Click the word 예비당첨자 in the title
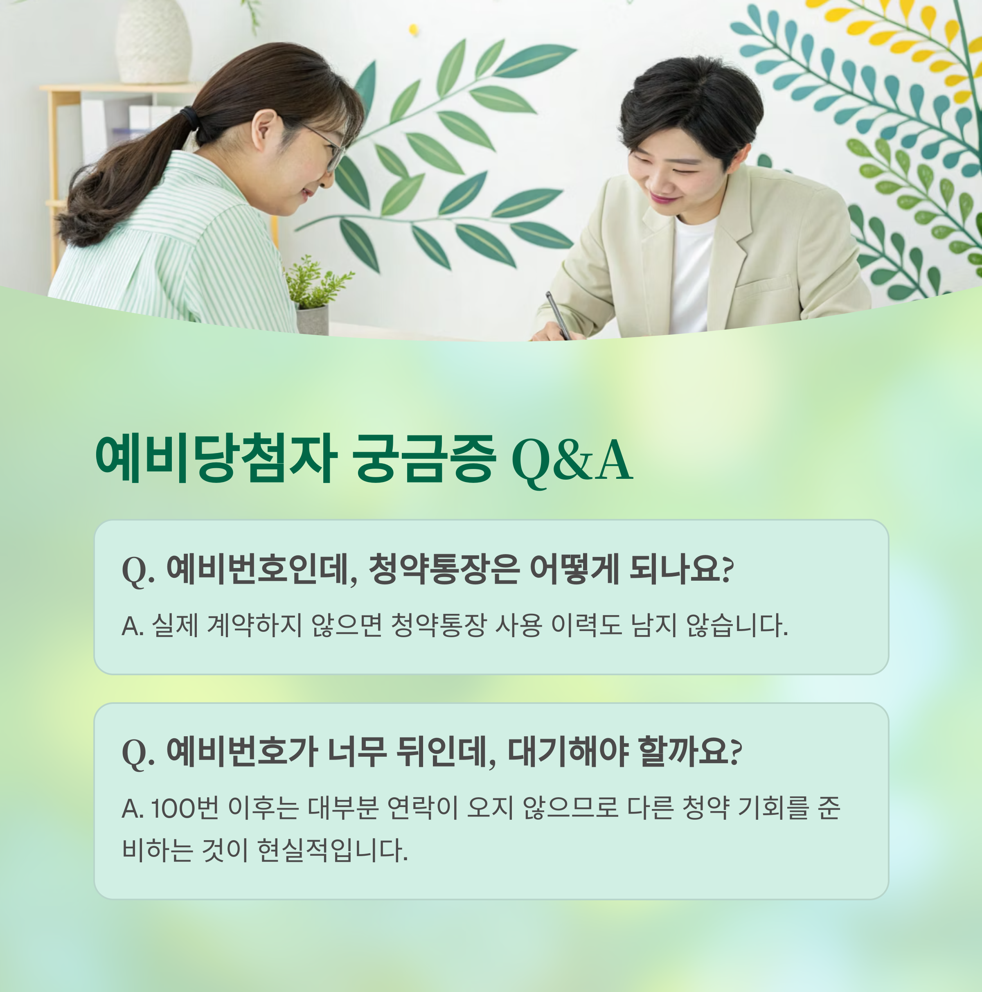point(216,458)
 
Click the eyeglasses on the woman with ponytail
point(329,147)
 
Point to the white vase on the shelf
point(153,41)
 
